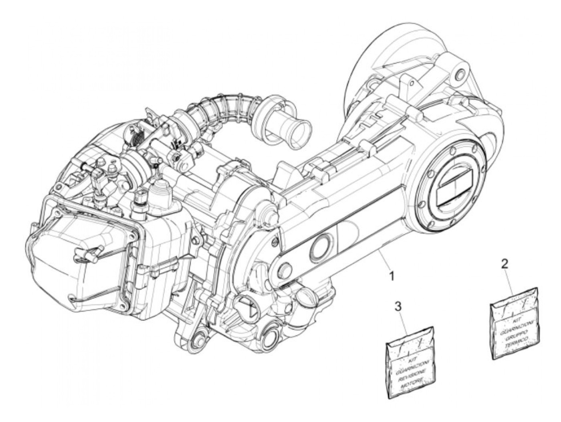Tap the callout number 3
398,307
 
